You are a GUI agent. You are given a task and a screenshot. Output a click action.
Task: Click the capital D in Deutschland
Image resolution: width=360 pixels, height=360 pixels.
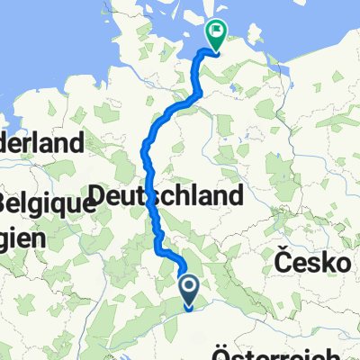pyautogui.click(x=99, y=196)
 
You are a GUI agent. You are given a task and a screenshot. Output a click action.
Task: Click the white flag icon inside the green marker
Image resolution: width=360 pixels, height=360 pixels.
pyautogui.click(x=216, y=33)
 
